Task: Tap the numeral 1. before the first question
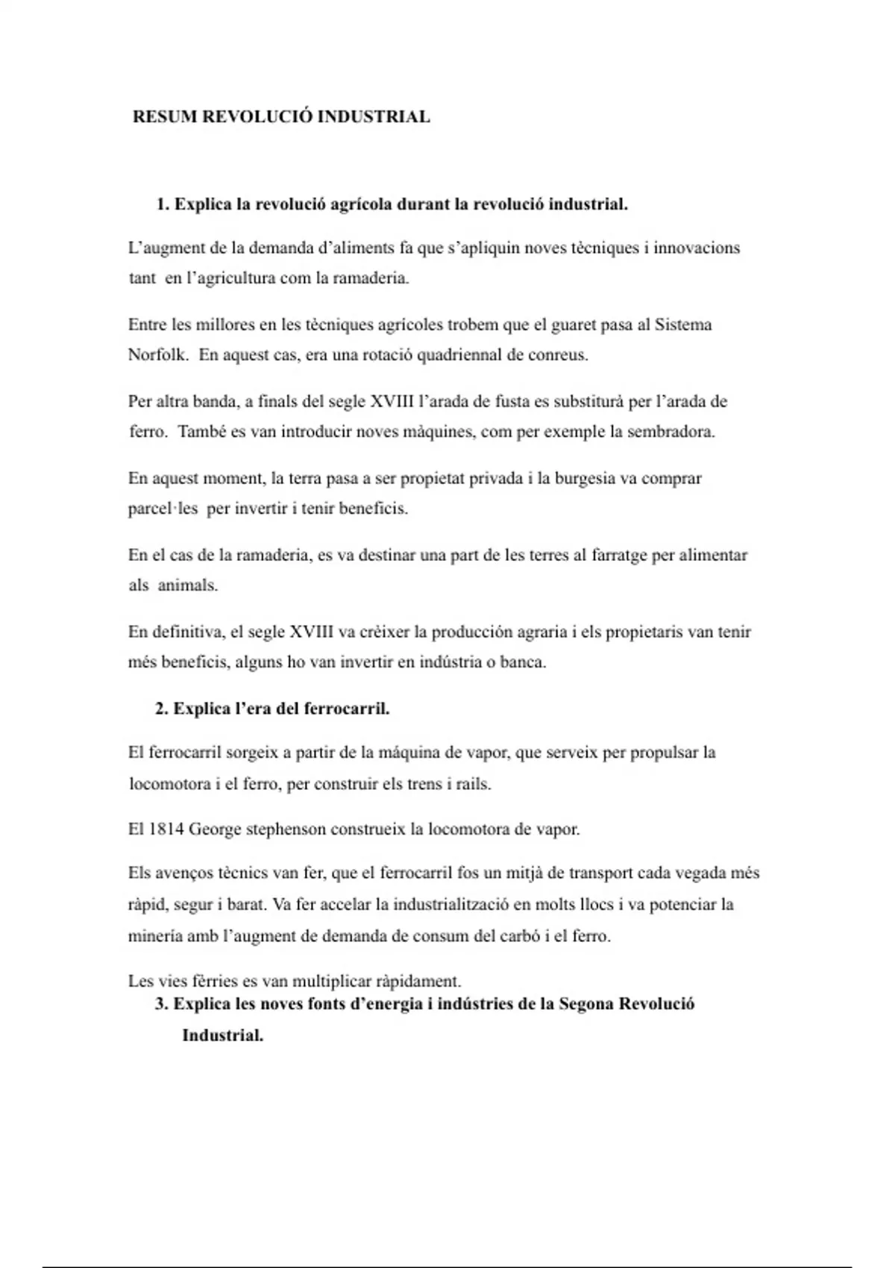point(163,204)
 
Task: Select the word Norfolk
point(157,355)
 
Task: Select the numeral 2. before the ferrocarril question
point(162,709)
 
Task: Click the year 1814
point(166,829)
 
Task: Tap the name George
point(215,829)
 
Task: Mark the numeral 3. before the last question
point(162,1004)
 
